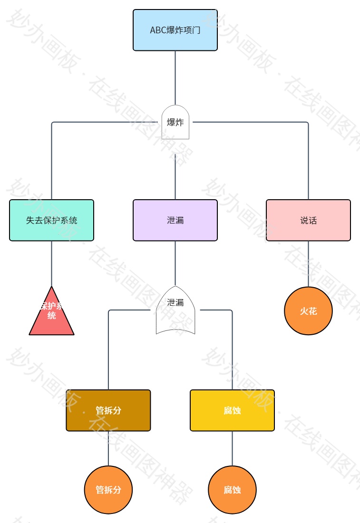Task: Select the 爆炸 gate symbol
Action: tap(175, 123)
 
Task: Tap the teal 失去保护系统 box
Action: tap(51, 220)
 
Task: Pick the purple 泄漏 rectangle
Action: tap(175, 220)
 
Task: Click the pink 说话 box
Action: tap(308, 220)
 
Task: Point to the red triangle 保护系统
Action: tap(51, 316)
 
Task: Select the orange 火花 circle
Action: tap(308, 311)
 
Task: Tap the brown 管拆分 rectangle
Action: tap(108, 410)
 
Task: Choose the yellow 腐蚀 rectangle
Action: tap(232, 410)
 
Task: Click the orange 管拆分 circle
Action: tap(108, 490)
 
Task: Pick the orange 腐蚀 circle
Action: tap(232, 490)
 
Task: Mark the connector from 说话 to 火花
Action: tap(308, 263)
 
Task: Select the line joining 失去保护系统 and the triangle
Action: tap(51, 263)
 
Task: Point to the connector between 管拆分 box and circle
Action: tap(108, 448)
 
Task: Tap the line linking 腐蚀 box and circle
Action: tap(232, 448)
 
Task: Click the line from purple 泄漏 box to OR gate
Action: tap(175, 262)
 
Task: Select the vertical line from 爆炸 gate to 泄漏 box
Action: tap(175, 176)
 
